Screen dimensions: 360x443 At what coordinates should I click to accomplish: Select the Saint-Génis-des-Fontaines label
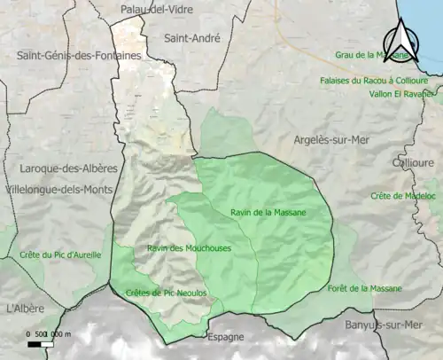[x=79, y=55]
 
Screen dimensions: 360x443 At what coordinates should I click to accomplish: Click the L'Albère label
[x=27, y=309]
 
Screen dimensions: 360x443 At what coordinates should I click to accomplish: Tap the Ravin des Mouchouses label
[x=189, y=248]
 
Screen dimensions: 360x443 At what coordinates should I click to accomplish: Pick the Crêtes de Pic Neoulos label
[x=167, y=293]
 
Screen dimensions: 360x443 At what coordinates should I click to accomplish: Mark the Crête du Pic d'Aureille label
[x=60, y=255]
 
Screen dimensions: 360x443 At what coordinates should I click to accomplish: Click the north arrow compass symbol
[x=400, y=40]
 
